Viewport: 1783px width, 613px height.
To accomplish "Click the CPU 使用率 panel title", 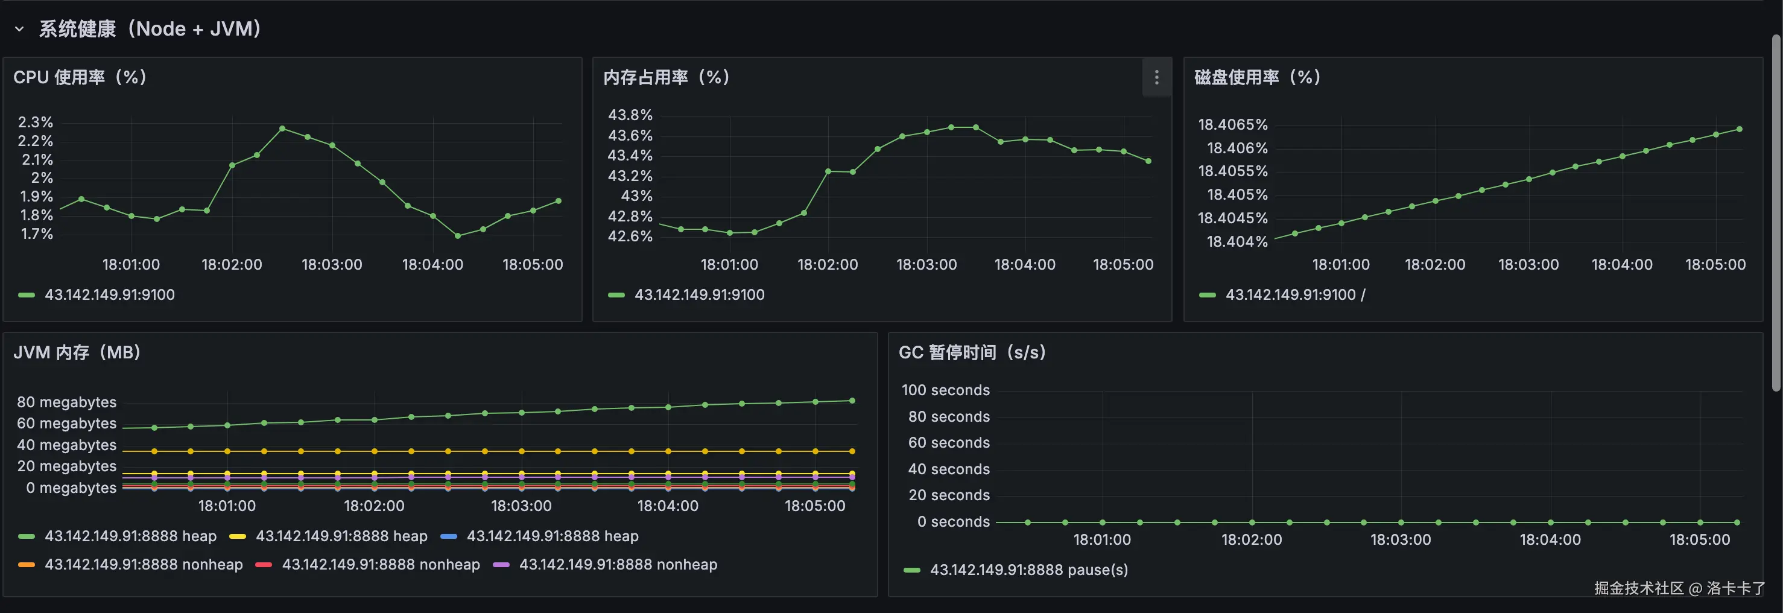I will [80, 77].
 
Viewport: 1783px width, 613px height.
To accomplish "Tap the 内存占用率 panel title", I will [666, 77].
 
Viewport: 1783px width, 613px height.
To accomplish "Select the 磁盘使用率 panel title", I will [1257, 77].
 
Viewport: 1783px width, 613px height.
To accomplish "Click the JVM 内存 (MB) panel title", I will [77, 352].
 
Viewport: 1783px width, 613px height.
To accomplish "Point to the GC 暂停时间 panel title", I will [972, 352].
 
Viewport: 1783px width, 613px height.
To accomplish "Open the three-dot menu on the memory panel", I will [1156, 77].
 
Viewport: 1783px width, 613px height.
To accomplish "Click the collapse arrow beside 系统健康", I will [19, 29].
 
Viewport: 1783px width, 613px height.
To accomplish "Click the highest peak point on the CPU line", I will [282, 128].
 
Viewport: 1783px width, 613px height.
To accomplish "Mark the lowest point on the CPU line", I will [458, 235].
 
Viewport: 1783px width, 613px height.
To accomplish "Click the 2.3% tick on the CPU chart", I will [36, 122].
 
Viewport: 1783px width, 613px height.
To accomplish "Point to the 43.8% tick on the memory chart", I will [630, 114].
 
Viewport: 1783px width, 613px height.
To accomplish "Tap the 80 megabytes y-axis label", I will [66, 402].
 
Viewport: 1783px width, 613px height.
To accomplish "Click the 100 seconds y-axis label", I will [946, 390].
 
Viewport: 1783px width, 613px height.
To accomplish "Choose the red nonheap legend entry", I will [380, 565].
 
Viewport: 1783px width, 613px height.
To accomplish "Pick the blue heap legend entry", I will [552, 536].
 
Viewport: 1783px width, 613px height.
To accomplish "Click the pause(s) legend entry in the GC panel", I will [1028, 570].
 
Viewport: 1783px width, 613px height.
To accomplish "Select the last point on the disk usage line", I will [1740, 129].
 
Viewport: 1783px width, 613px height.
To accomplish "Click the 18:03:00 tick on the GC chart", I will [1400, 539].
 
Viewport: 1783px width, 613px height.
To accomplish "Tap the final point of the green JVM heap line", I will [852, 401].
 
